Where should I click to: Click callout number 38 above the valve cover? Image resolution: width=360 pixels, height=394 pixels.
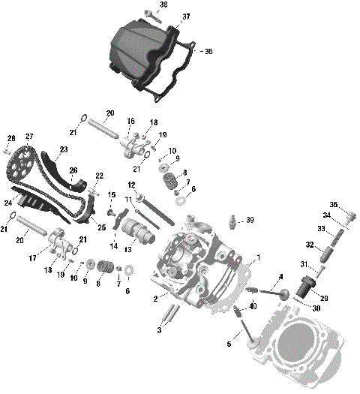164,5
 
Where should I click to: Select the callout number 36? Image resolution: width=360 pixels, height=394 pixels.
208,51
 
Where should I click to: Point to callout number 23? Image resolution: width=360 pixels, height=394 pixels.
63,150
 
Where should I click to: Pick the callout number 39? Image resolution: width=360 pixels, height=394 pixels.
250,220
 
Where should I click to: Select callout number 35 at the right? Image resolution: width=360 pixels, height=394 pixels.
334,204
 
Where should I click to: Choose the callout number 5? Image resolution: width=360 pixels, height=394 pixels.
228,344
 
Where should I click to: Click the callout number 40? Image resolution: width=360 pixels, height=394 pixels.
253,305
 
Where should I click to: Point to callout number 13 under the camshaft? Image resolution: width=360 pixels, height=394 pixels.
128,250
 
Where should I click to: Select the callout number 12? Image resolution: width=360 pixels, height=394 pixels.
130,185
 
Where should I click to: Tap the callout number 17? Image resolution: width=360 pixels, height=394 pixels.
32,257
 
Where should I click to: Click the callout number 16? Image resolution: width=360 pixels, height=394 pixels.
130,121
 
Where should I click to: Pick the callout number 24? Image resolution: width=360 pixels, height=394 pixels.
7,203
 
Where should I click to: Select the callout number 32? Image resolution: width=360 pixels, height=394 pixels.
309,244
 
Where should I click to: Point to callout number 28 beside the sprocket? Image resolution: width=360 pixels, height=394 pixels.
10,138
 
